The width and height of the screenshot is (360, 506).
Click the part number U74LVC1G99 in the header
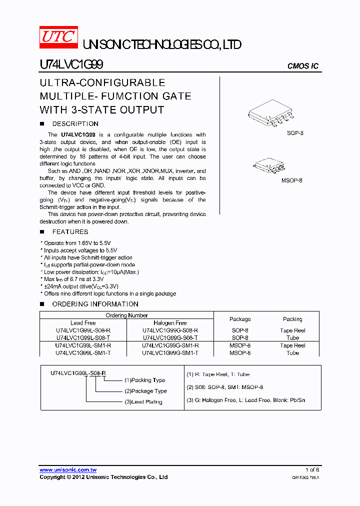[x=71, y=65]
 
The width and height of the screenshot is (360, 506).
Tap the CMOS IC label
[x=302, y=66]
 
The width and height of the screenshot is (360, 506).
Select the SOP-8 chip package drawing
[x=272, y=115]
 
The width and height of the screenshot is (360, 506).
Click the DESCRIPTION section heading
[x=75, y=124]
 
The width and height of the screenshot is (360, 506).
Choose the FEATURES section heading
[x=70, y=232]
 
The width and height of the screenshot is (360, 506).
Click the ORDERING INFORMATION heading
[x=95, y=304]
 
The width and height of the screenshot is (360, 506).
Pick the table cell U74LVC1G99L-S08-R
[x=83, y=330]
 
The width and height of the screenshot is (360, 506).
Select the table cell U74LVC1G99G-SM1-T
[x=170, y=353]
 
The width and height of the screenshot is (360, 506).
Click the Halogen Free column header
[x=170, y=323]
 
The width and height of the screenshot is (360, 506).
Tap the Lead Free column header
[x=83, y=323]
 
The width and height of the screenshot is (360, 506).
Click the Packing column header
[x=292, y=319]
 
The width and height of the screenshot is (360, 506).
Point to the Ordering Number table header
[x=126, y=315]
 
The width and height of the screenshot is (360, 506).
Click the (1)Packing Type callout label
[x=144, y=380]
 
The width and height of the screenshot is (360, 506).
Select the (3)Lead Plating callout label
[x=143, y=402]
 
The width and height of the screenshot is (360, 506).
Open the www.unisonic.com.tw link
[x=68, y=470]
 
